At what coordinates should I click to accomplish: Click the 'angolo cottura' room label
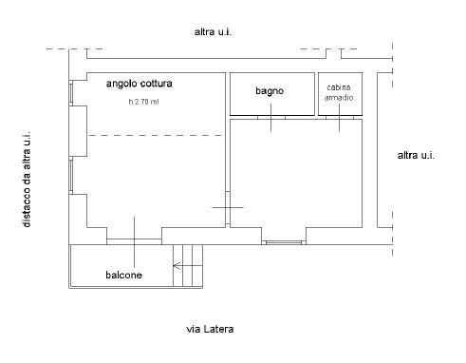click(x=140, y=84)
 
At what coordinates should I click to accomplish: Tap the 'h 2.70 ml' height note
click(x=143, y=102)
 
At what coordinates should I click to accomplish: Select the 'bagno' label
click(x=270, y=91)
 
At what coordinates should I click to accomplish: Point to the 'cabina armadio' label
click(x=339, y=92)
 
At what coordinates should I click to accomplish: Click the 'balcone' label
click(x=123, y=275)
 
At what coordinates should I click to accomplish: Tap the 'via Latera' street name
click(x=210, y=329)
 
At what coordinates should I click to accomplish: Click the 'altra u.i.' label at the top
click(x=213, y=32)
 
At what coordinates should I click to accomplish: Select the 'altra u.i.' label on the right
click(x=416, y=155)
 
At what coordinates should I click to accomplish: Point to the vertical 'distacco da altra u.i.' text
click(x=27, y=179)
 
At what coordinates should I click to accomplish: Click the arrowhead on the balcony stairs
click(x=177, y=265)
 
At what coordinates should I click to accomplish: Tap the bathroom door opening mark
click(x=271, y=118)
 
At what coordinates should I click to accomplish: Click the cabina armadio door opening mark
click(x=340, y=118)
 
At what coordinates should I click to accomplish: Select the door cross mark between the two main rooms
click(x=228, y=207)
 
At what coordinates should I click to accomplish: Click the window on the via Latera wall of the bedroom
click(x=284, y=242)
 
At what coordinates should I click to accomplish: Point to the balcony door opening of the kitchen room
click(x=135, y=241)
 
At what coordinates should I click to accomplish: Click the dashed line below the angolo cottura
click(x=156, y=136)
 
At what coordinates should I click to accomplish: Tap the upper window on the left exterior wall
click(x=71, y=93)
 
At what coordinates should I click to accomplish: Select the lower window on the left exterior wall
click(x=71, y=175)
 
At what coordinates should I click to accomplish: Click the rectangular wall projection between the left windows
click(x=78, y=131)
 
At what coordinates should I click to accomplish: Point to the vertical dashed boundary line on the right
click(x=393, y=148)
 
